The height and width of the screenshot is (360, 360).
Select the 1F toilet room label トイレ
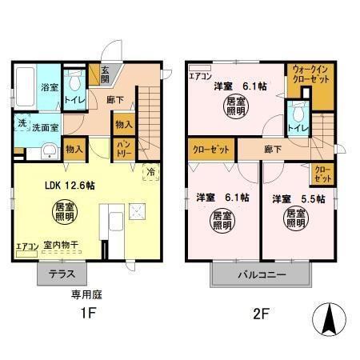74,101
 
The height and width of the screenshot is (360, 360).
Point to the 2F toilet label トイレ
298,127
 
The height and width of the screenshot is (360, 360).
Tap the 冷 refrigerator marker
149,170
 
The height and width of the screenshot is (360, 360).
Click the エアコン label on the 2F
200,77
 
